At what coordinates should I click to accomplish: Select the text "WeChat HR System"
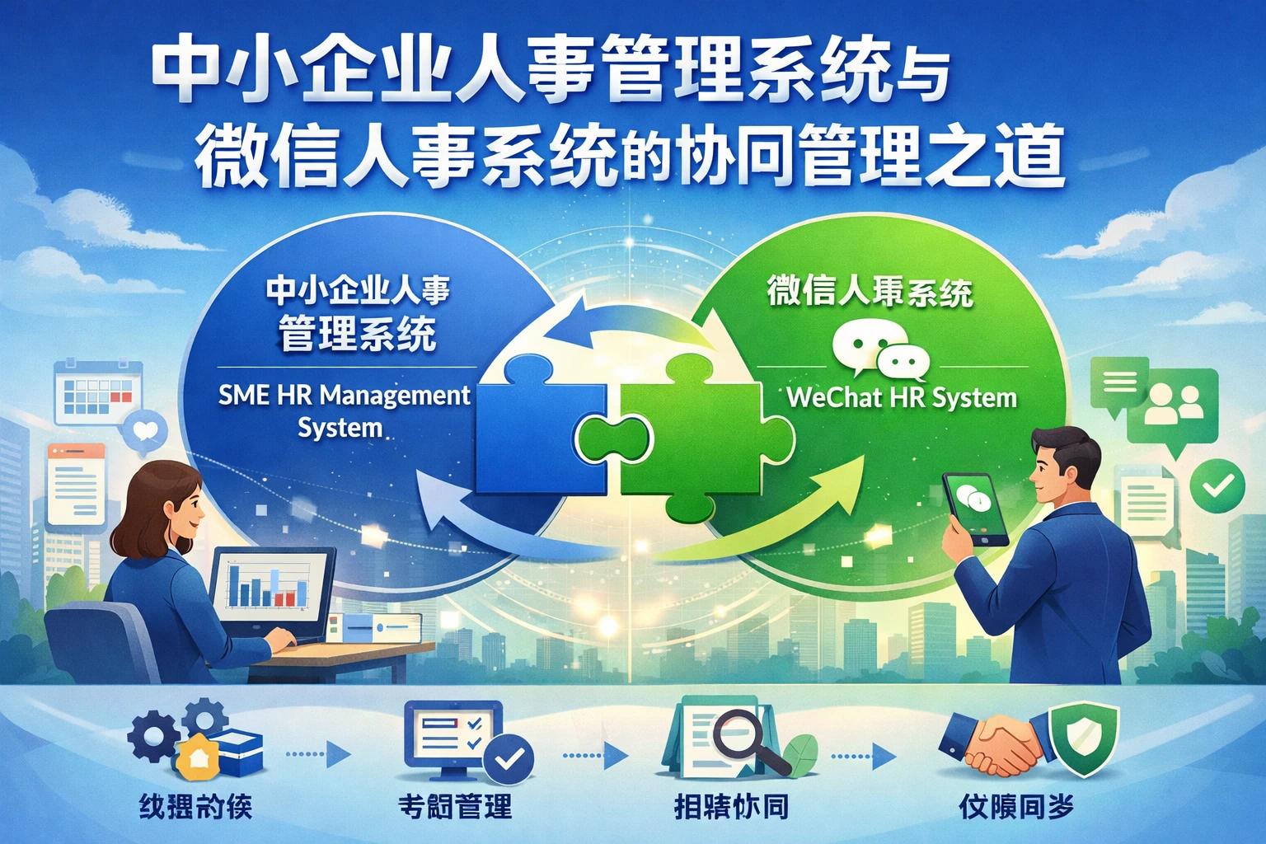click(x=902, y=397)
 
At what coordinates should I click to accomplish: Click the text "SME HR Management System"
click(x=344, y=410)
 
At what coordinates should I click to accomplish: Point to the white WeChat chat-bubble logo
click(x=879, y=350)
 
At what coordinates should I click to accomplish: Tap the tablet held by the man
click(x=976, y=508)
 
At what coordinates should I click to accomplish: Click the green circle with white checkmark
click(x=1217, y=486)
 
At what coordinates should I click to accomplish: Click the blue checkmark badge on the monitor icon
click(x=509, y=758)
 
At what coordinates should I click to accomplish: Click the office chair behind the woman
click(x=99, y=643)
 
